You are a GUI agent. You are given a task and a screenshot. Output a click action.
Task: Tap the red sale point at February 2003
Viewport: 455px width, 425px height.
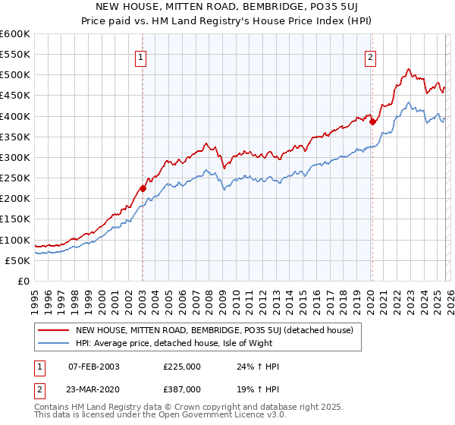(x=143, y=188)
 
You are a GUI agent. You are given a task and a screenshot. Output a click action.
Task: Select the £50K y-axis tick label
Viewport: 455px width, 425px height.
(x=17, y=260)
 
